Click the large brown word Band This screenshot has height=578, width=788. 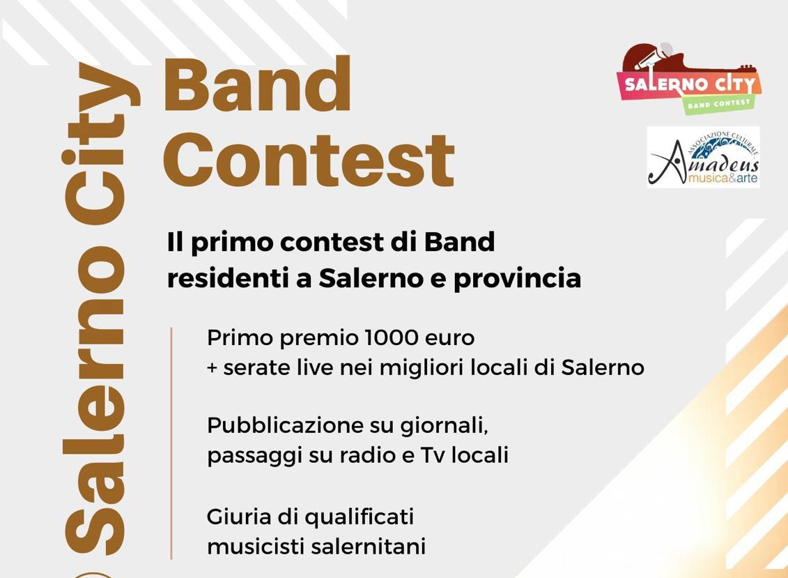257,84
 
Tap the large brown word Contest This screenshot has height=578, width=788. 309,160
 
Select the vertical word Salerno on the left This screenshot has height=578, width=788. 95,400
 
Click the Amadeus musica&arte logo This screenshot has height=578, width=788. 703,157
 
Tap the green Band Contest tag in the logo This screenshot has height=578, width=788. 718,104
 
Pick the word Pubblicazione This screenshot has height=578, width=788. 286,425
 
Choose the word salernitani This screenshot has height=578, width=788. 369,547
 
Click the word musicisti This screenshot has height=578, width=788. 256,547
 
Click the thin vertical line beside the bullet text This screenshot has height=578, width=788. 171,443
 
